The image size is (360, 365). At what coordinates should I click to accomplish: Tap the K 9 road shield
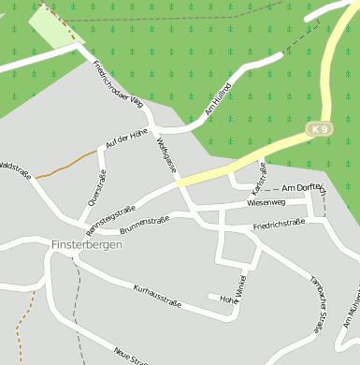pos(321,127)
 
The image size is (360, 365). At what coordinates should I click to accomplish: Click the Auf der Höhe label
pos(127,139)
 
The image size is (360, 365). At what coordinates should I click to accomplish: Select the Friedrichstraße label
pos(280,225)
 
